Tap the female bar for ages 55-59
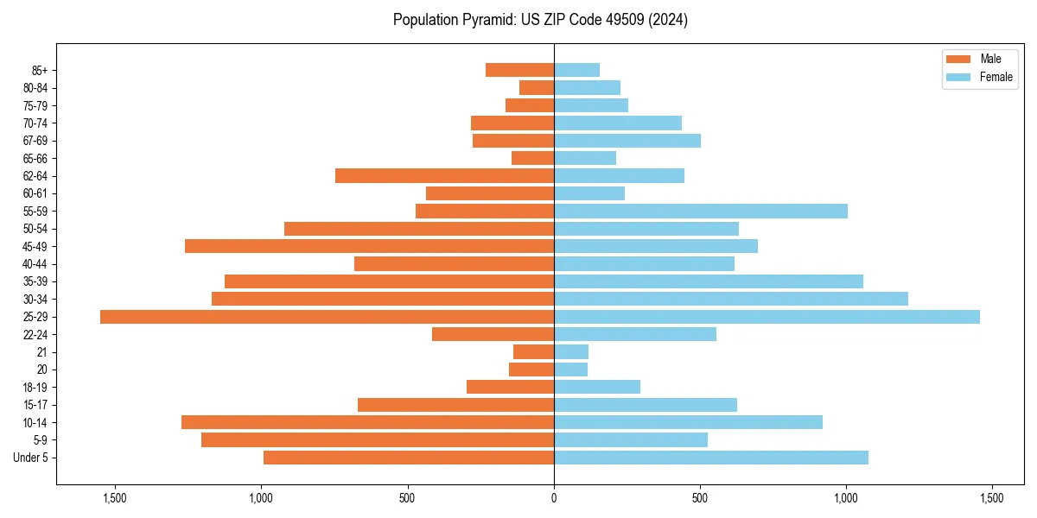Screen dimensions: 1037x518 click(x=701, y=212)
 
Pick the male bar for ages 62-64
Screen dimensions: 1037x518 click(x=444, y=176)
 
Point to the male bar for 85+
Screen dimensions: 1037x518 click(x=519, y=70)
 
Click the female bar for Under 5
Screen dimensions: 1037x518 click(x=711, y=458)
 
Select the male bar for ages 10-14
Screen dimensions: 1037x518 click(x=367, y=422)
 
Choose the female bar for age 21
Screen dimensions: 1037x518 click(x=571, y=352)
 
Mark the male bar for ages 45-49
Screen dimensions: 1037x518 click(x=369, y=247)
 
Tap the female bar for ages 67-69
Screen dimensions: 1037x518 click(x=627, y=141)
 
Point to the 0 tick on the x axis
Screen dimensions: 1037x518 click(x=554, y=498)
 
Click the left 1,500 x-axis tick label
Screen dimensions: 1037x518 click(x=115, y=498)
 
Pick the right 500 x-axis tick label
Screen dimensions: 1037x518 click(x=700, y=498)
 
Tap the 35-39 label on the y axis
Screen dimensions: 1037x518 click(x=35, y=281)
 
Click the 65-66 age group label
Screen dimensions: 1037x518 click(x=35, y=159)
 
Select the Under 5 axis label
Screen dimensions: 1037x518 click(x=31, y=458)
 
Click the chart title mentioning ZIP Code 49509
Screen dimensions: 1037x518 click(x=540, y=20)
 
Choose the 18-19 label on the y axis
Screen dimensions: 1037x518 click(x=35, y=388)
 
